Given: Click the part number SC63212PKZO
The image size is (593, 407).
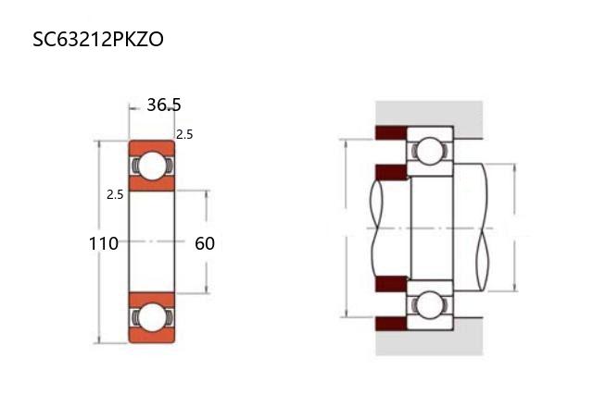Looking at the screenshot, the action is click(98, 39).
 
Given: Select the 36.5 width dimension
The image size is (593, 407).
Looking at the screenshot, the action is click(164, 105).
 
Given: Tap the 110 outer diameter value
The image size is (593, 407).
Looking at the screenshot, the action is click(103, 243).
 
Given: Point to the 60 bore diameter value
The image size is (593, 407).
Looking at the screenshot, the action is click(205, 243).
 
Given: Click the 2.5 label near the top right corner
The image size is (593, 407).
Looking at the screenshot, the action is click(184, 134).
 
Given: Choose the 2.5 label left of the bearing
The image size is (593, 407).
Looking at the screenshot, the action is click(115, 195).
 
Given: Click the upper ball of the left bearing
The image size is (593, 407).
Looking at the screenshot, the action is click(152, 166).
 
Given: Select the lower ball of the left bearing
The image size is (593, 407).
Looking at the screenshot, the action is click(152, 318).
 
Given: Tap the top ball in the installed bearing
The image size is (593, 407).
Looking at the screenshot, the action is click(430, 151).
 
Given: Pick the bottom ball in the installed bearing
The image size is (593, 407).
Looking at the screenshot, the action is click(429, 304).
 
